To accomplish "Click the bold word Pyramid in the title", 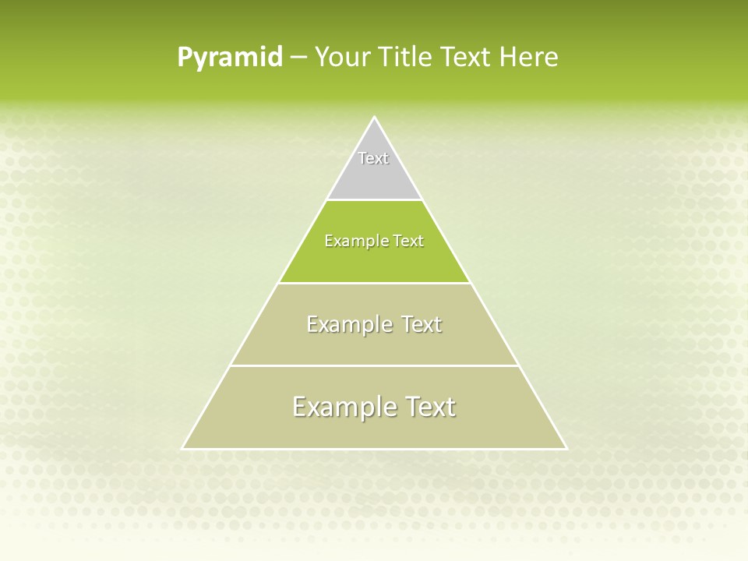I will tap(230, 58).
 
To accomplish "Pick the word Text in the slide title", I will tap(465, 58).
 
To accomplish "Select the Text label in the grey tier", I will tap(373, 158).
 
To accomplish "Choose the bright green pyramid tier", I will tap(374, 261).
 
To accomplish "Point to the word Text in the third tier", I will tap(422, 324).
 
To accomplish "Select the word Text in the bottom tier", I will tap(428, 407).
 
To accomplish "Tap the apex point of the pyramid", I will tap(374, 118).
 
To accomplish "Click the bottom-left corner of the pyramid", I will tap(183, 448).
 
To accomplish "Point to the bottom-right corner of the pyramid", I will tap(566, 448).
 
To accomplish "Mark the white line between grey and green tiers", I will tap(374, 199).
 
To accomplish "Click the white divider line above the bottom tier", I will tap(374, 365).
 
